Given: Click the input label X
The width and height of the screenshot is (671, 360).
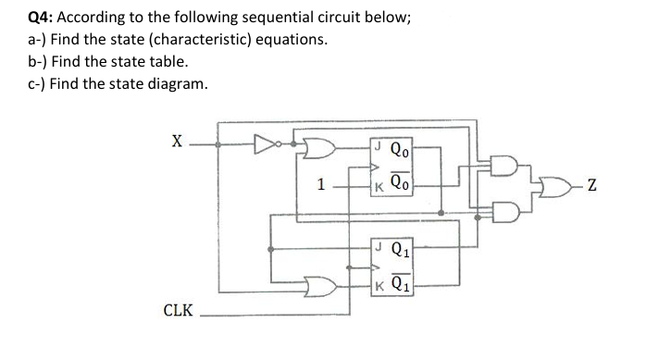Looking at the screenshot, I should (x=176, y=143).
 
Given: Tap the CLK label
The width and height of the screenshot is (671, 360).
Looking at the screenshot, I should (x=179, y=310).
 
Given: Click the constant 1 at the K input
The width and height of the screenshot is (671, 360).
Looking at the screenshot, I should (x=321, y=184).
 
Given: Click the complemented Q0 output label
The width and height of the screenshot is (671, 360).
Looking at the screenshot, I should (x=401, y=183).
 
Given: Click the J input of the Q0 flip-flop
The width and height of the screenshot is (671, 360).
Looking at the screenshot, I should (x=377, y=144).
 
